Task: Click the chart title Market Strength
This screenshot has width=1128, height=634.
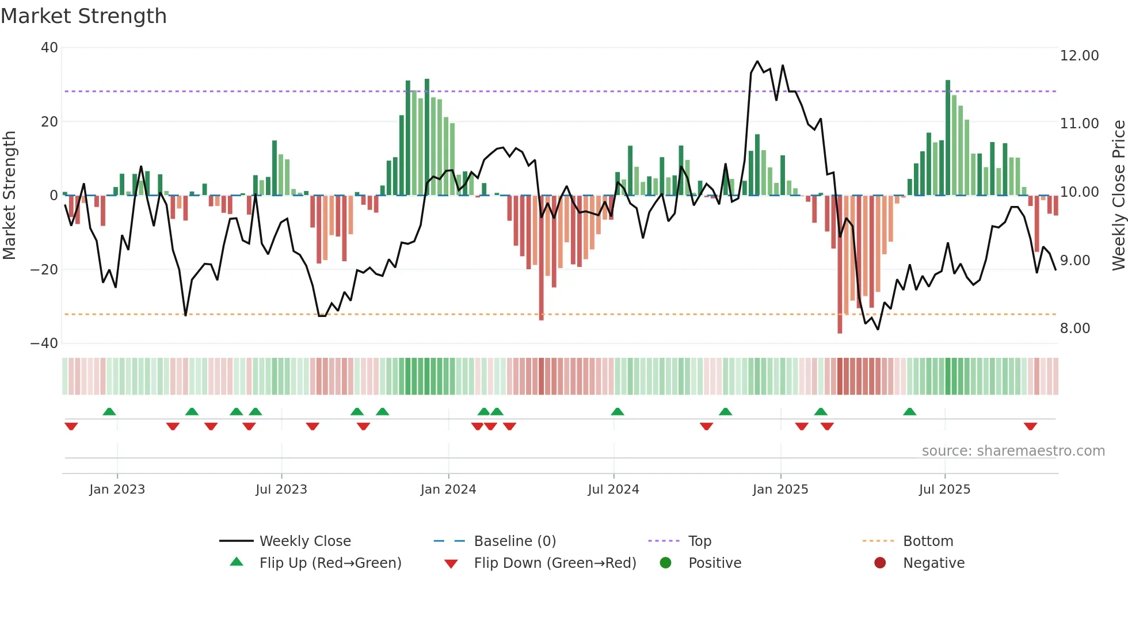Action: click(x=83, y=16)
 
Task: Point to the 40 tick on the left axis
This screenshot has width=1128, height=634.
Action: click(x=49, y=48)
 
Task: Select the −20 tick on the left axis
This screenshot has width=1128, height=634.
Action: click(x=44, y=269)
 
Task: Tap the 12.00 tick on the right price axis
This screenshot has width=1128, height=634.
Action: click(x=1079, y=56)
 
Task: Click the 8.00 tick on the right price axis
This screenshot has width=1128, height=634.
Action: click(x=1075, y=329)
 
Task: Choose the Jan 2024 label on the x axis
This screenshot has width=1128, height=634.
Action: click(x=448, y=490)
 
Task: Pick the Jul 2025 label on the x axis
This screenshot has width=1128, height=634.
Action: click(x=944, y=490)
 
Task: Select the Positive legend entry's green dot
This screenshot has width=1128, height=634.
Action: click(x=666, y=563)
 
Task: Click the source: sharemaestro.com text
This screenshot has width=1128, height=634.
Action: click(x=1013, y=451)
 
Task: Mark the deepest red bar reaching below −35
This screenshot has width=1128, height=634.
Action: click(x=840, y=265)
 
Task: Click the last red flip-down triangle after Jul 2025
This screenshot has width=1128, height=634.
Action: click(x=1030, y=426)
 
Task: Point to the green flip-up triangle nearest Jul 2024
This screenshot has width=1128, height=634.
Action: click(x=618, y=411)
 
